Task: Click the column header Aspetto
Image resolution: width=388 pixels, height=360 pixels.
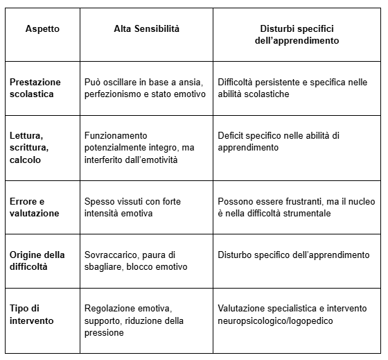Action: click(42, 29)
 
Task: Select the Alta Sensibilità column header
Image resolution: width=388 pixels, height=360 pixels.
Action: click(146, 29)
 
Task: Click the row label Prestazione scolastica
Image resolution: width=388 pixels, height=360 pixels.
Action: click(35, 88)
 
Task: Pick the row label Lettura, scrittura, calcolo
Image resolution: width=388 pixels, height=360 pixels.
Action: click(30, 148)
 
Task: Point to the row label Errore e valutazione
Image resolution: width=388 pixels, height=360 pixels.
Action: click(34, 207)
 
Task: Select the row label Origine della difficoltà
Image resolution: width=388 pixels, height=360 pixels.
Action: click(37, 261)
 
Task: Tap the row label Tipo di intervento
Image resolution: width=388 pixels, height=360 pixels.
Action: click(31, 314)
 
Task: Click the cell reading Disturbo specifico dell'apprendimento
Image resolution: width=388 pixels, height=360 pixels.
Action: click(293, 255)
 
